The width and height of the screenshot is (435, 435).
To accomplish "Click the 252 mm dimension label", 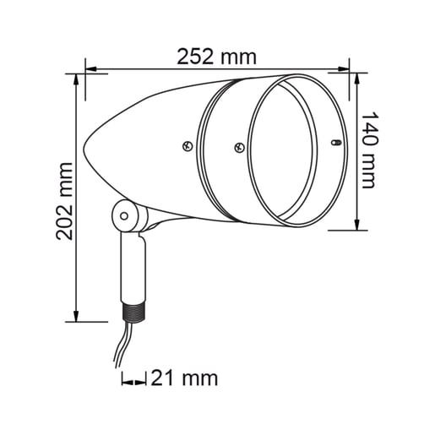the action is coord(216,57).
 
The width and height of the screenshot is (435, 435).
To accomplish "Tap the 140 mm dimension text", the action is coord(369,150).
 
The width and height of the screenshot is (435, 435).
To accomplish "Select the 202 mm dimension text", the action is coord(64,201).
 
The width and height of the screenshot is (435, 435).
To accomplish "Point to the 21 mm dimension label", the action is coord(184,378).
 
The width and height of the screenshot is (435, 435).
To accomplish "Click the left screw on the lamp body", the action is coord(188,146).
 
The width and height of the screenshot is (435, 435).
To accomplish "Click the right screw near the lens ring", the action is coord(240,147).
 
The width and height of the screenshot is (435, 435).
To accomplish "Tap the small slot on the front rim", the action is coord(335,143).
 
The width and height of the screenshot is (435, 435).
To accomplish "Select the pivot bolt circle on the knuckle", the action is coord(124,216).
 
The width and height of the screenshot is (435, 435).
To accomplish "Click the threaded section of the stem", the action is coord(133,312).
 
